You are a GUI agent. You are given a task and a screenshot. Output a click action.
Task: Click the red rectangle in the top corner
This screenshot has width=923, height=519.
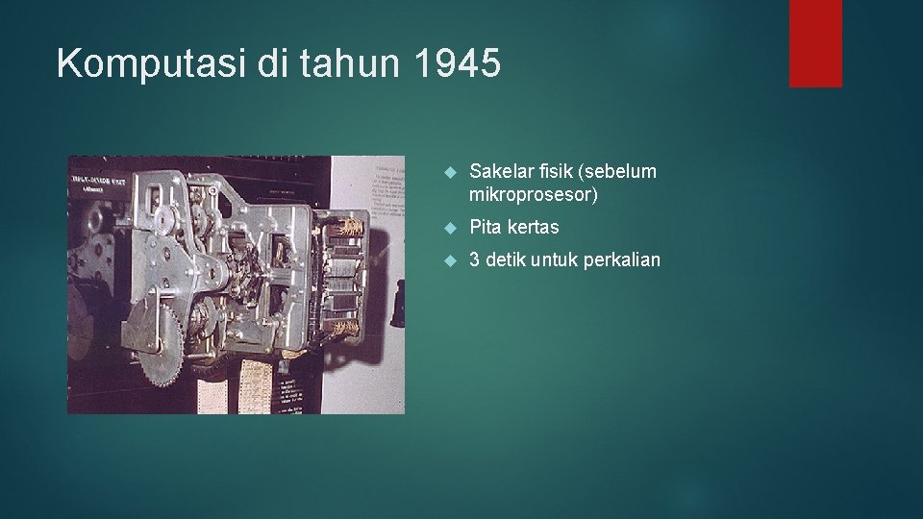815,43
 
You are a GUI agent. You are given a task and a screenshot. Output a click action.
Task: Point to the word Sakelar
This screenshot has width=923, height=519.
501,172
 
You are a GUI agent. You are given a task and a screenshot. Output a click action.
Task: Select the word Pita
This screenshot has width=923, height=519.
486,228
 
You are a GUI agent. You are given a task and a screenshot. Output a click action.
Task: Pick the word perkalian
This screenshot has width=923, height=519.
620,260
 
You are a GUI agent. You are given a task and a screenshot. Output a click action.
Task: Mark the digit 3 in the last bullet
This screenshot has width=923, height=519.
475,260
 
